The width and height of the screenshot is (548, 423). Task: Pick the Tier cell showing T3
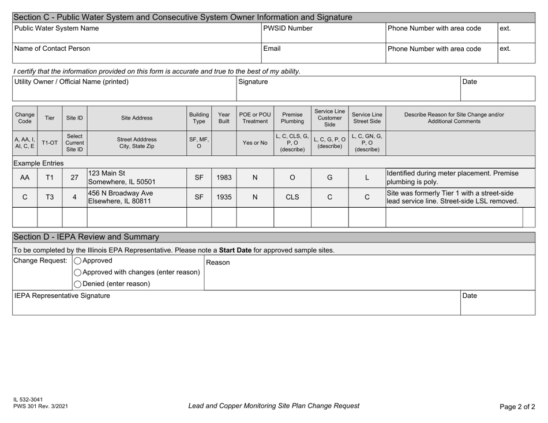coord(50,196)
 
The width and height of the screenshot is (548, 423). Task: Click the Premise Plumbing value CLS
coord(292,196)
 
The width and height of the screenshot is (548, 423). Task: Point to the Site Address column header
coord(137,118)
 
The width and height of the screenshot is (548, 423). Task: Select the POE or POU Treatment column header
coord(255,118)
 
